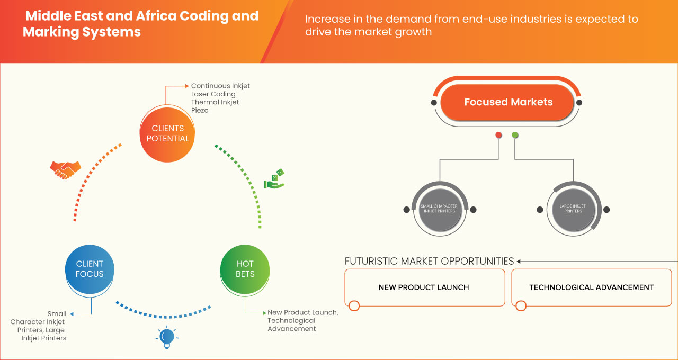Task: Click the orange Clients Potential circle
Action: (x=167, y=133)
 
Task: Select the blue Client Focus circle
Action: (x=90, y=269)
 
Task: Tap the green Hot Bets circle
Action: (x=245, y=269)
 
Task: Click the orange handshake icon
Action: (x=65, y=169)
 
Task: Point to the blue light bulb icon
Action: (x=167, y=337)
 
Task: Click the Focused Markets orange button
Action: (x=508, y=102)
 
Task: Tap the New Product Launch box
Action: (x=424, y=287)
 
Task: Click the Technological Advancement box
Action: (x=591, y=287)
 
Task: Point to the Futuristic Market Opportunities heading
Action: (x=429, y=261)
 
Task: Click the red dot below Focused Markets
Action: (x=498, y=136)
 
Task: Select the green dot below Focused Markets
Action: (x=515, y=136)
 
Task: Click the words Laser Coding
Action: (x=213, y=94)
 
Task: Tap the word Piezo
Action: (x=200, y=111)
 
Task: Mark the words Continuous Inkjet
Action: (x=220, y=86)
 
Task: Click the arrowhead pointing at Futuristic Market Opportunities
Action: (x=519, y=261)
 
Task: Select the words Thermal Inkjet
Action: (x=215, y=102)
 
